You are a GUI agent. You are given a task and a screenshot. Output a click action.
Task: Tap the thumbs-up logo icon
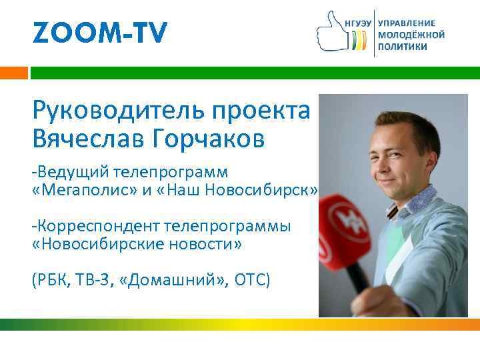pyautogui.click(x=331, y=31)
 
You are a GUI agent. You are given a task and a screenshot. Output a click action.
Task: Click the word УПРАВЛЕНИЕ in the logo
pyautogui.click(x=406, y=22)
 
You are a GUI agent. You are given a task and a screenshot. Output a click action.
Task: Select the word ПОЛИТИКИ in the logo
pyautogui.click(x=403, y=47)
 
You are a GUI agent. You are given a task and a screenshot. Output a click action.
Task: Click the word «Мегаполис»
pyautogui.click(x=77, y=191)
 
